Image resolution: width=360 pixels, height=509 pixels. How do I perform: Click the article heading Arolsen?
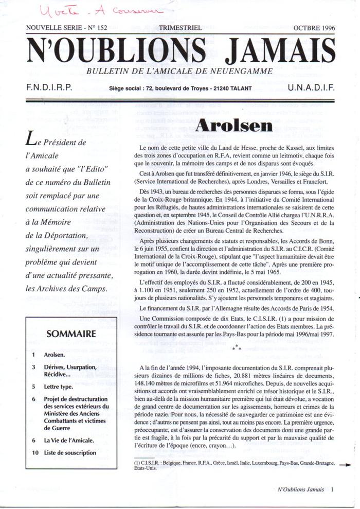coord(234,126)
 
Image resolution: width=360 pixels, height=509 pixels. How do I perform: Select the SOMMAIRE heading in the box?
coord(71,334)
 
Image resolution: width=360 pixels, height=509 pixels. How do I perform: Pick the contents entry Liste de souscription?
coord(70,453)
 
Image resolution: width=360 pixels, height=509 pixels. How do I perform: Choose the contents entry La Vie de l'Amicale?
coord(69,441)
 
